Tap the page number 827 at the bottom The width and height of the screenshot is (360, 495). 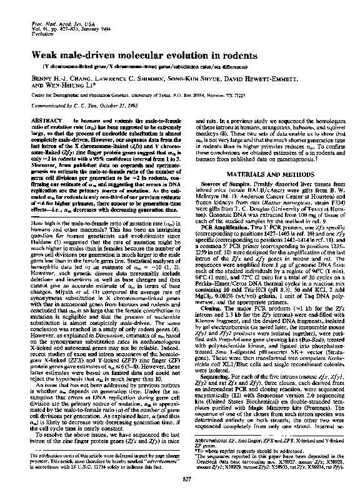(x=180, y=478)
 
